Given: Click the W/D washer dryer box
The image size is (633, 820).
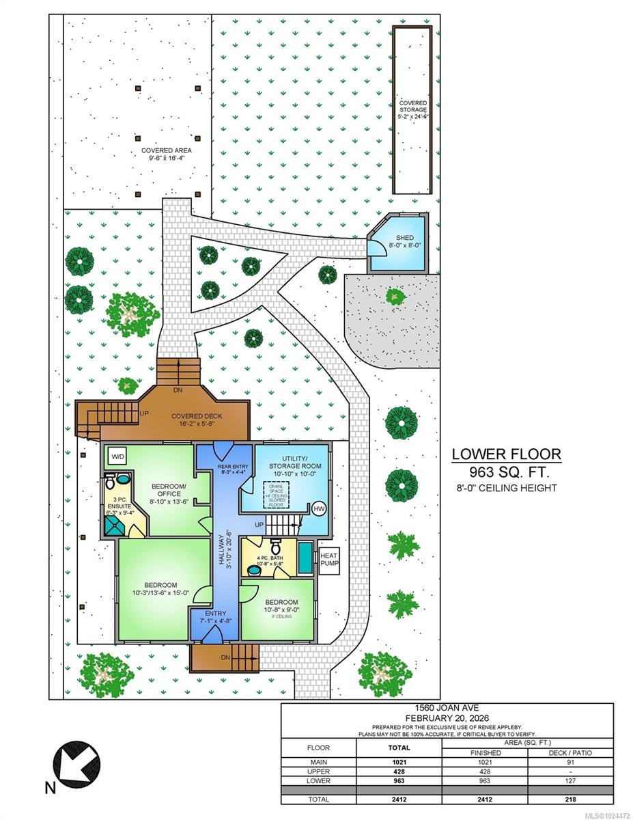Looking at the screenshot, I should point(117,456).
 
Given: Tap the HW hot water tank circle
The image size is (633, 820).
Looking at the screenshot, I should point(319,508).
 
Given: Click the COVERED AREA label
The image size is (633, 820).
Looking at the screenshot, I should point(167,154).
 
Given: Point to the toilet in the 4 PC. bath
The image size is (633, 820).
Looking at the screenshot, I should point(275,547).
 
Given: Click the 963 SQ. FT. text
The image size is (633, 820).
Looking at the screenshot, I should point(508,472).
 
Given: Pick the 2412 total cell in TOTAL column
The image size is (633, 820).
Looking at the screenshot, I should point(399,799).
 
